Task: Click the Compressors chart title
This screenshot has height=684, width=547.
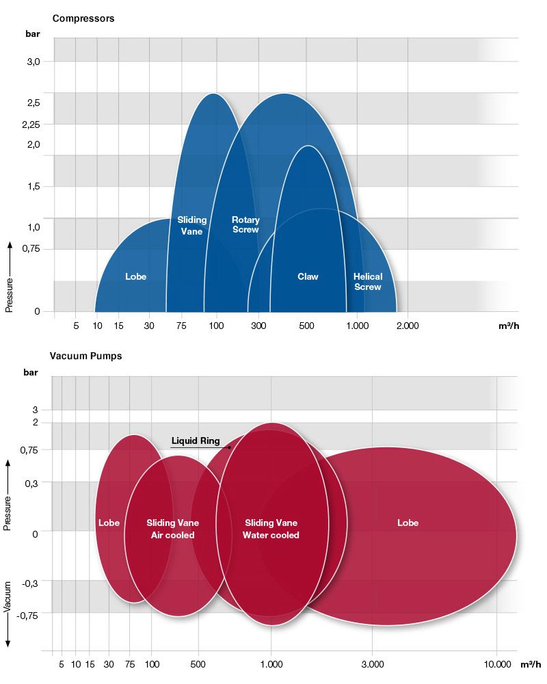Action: [83, 18]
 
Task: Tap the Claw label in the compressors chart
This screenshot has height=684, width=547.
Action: [308, 277]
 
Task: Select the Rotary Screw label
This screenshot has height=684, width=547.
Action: [245, 225]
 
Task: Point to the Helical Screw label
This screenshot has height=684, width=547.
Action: [368, 282]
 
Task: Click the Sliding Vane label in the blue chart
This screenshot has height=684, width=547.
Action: [192, 226]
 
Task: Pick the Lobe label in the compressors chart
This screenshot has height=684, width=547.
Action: [136, 277]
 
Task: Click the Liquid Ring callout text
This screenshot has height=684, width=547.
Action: [196, 441]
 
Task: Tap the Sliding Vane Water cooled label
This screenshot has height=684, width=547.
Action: [271, 529]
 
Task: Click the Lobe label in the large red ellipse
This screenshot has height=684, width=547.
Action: [408, 523]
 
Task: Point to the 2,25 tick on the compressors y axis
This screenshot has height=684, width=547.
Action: [31, 124]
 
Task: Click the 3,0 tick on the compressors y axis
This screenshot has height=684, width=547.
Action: [34, 62]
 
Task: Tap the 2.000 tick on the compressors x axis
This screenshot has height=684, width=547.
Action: [407, 326]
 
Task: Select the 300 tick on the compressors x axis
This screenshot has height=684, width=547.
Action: [258, 326]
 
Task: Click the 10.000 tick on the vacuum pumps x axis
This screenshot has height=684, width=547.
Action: [497, 664]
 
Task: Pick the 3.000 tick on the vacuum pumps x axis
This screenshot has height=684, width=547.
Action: [372, 664]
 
